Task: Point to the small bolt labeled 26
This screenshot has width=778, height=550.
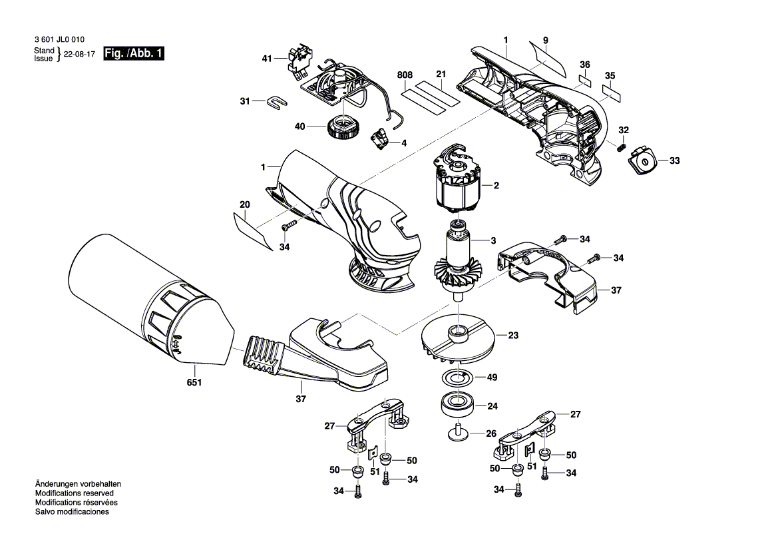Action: click(459, 431)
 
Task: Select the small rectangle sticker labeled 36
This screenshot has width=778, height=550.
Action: click(584, 80)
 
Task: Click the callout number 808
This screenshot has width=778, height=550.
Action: click(405, 75)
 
